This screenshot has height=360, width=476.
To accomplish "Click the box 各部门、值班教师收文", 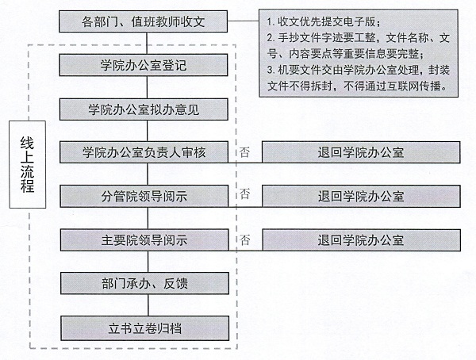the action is click(x=143, y=21).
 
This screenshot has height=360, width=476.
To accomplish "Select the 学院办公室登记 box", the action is click(x=144, y=65).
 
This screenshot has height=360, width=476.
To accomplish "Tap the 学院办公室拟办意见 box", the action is click(x=144, y=109).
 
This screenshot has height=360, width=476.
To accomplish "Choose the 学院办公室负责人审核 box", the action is click(x=144, y=152).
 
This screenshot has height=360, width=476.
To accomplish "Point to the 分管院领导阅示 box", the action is click(x=144, y=196).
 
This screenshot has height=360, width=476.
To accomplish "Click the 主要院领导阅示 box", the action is click(x=144, y=239).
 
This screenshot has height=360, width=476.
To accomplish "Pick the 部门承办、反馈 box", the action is click(x=145, y=283).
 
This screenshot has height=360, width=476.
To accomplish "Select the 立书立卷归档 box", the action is click(x=145, y=328).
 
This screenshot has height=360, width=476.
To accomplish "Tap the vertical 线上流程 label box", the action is click(x=28, y=164).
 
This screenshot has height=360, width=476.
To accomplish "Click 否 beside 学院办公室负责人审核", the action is click(x=244, y=151).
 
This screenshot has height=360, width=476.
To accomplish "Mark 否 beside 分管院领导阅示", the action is click(x=244, y=193).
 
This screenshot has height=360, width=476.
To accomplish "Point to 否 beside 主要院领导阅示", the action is click(x=244, y=240).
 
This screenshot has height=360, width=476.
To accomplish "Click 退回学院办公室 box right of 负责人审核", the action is click(x=361, y=152).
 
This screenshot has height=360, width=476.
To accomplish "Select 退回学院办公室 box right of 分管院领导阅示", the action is click(x=361, y=196).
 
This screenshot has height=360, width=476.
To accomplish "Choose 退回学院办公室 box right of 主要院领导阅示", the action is click(x=361, y=239).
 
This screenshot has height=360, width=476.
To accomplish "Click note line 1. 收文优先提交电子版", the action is click(x=324, y=21).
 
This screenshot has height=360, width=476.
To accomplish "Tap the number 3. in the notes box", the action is click(x=271, y=70).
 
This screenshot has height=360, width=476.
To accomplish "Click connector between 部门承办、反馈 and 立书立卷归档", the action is click(x=148, y=305).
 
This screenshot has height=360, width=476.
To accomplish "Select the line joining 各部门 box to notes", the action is click(x=244, y=21).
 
